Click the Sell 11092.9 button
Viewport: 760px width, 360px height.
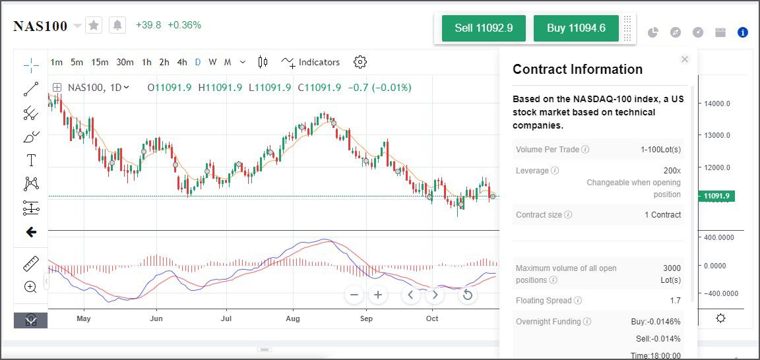(x=484, y=28)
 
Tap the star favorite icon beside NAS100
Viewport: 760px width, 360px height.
(x=94, y=26)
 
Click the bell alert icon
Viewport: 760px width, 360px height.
(x=117, y=26)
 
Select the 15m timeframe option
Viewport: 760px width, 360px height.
(x=100, y=62)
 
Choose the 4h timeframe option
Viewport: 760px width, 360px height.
(x=182, y=62)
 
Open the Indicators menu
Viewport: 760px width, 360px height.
(x=311, y=62)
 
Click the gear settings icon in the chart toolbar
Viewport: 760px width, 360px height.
(x=360, y=62)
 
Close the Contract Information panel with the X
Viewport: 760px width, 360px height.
(x=685, y=59)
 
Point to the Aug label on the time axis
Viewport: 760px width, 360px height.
(x=293, y=318)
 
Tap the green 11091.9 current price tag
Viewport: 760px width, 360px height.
(x=716, y=196)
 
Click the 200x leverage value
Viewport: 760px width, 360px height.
(x=672, y=171)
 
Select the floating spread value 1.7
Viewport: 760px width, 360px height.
(x=675, y=301)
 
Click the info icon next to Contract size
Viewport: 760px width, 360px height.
(x=568, y=215)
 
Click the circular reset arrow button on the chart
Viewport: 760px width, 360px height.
(x=468, y=295)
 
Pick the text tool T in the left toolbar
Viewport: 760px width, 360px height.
(x=31, y=160)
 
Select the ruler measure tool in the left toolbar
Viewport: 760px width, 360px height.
(x=31, y=264)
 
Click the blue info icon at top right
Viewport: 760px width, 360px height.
(x=743, y=32)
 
